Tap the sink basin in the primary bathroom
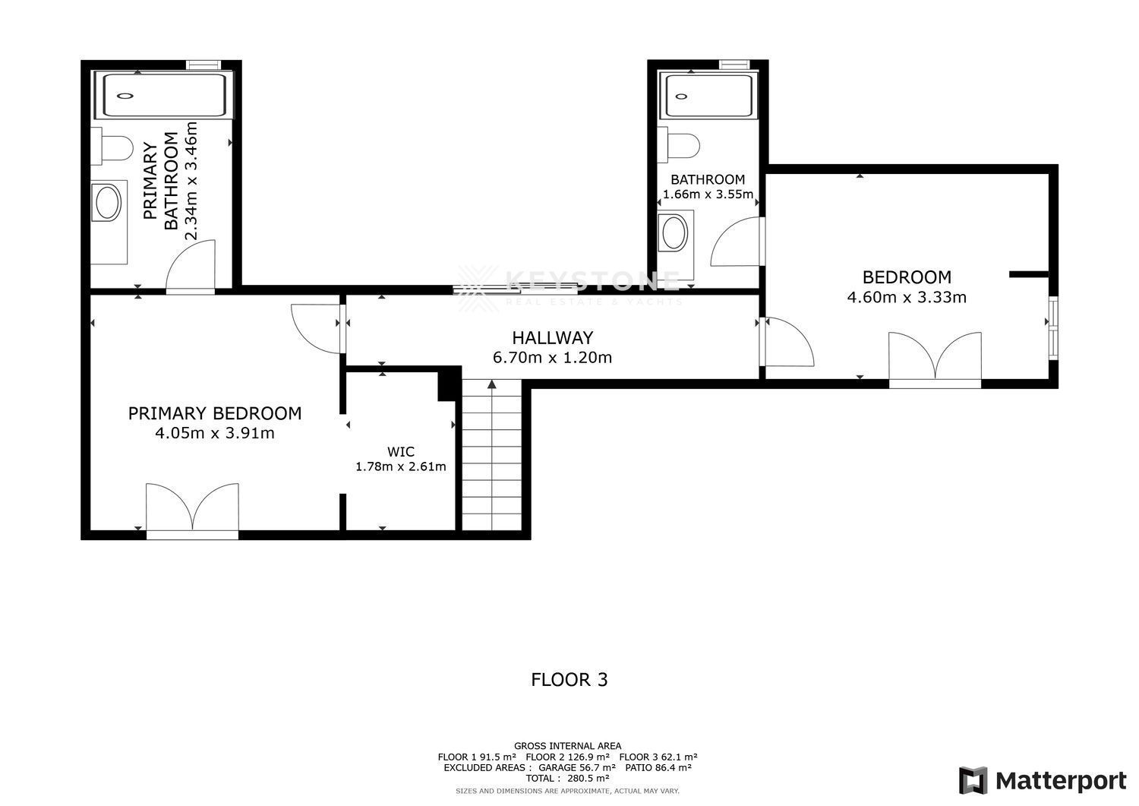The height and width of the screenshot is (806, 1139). [x=108, y=203]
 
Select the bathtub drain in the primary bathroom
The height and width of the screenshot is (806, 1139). [x=125, y=96]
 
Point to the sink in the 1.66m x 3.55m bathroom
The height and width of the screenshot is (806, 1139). [x=675, y=232]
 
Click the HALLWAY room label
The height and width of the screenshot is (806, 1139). [x=552, y=338]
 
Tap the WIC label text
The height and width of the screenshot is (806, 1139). [x=401, y=451]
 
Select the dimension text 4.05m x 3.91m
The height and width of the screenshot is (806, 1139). [x=215, y=433]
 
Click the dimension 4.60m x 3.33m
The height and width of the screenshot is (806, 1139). [x=907, y=297]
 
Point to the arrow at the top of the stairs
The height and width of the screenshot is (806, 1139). [x=492, y=384]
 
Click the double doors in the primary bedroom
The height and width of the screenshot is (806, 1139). [x=192, y=509]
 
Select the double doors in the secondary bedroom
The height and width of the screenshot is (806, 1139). [x=935, y=359]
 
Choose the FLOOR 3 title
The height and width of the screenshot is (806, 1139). [x=569, y=680]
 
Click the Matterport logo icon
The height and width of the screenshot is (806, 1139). [x=973, y=780]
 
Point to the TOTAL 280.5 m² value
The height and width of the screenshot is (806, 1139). [x=567, y=778]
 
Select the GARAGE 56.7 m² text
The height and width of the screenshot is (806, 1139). [x=577, y=767]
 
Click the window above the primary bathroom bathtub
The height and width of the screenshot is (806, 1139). [x=204, y=65]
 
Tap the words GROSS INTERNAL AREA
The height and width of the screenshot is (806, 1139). [x=567, y=746]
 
